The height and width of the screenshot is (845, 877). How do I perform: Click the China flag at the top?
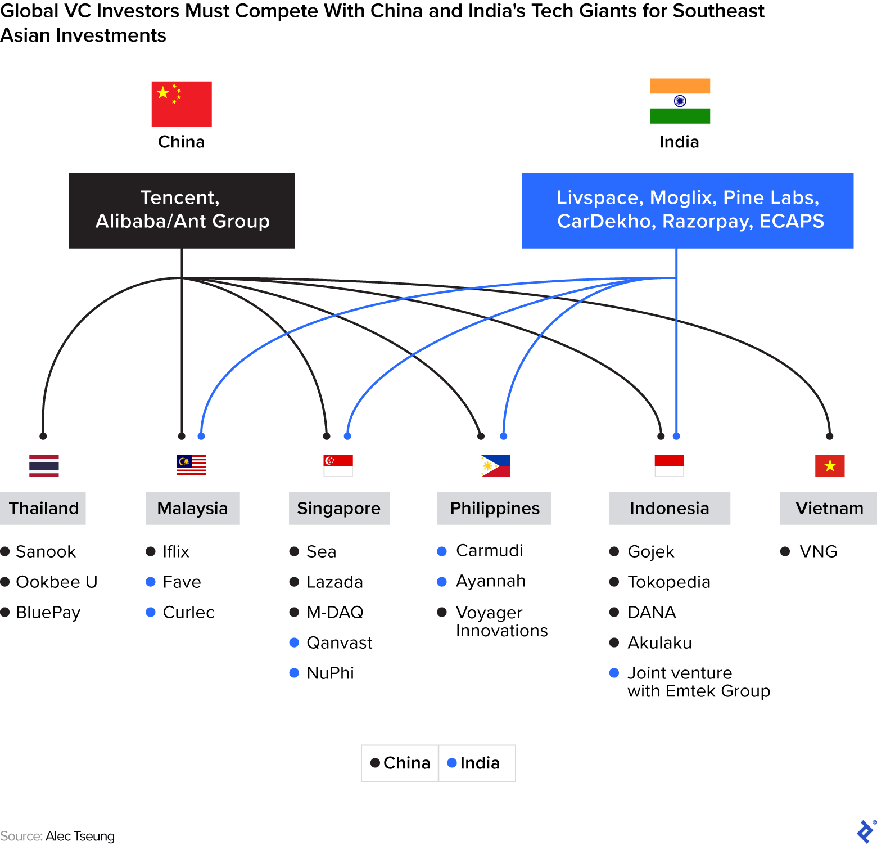tap(182, 104)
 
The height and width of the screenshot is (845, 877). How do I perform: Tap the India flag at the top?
tap(680, 101)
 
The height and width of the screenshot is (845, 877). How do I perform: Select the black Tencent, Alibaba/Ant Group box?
tap(182, 210)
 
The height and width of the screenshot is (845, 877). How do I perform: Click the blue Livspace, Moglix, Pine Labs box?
tap(688, 210)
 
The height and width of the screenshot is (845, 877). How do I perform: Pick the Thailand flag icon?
tap(44, 466)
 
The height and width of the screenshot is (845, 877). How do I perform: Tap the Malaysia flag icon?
tap(192, 465)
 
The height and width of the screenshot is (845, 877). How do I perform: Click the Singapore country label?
tap(339, 509)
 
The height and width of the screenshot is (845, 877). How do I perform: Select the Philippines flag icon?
tap(495, 466)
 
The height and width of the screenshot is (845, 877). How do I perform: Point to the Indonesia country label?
tap(670, 509)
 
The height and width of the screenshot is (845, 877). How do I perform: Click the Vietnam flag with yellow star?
tap(830, 466)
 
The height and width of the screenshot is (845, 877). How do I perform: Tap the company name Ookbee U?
tap(57, 582)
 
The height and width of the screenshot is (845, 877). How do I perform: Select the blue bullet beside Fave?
tap(151, 582)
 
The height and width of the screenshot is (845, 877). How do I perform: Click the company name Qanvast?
tap(340, 642)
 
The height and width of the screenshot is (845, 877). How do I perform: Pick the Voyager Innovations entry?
tap(501, 621)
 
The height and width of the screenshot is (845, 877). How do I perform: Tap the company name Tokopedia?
tap(669, 582)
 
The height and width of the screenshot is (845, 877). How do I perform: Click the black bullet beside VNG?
tap(785, 551)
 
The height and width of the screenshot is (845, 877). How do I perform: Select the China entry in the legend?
tap(400, 763)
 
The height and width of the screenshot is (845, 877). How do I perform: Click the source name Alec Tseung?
tap(80, 836)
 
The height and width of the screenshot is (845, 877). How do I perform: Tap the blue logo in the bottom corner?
tap(865, 831)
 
